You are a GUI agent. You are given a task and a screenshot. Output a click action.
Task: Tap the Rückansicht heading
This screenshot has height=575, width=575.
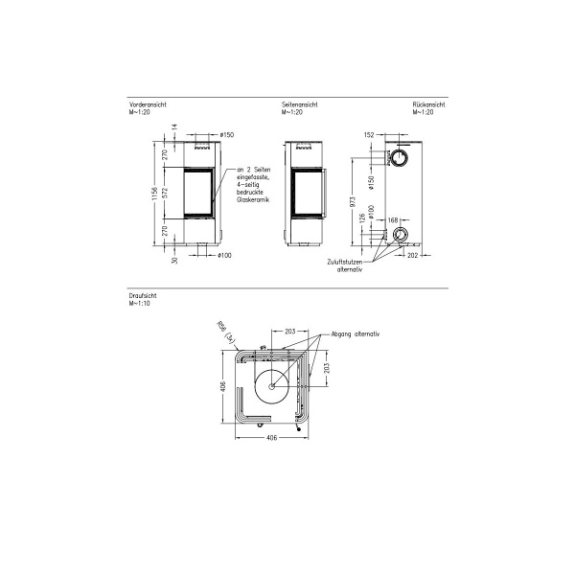tap(428, 105)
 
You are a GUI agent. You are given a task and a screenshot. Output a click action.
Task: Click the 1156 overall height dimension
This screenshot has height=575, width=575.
tap(154, 195)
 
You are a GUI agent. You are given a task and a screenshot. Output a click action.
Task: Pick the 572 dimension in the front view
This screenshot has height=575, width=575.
tap(166, 192)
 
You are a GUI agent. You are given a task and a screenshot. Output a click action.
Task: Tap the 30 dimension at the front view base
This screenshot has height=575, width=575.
tap(173, 257)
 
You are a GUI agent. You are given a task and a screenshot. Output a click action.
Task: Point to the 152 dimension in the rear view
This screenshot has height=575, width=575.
tap(369, 136)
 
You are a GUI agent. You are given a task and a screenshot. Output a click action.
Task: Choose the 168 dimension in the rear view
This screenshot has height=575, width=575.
tap(393, 220)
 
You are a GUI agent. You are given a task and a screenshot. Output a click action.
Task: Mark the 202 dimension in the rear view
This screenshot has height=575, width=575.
tap(413, 256)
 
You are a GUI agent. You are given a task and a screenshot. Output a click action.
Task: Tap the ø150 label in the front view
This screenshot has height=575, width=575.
tap(226, 135)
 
